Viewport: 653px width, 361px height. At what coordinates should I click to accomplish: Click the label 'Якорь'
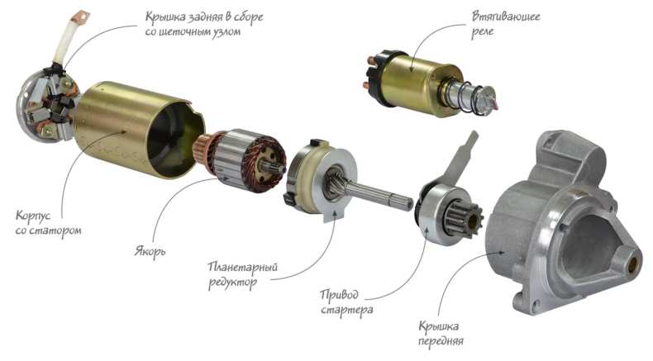click(x=150, y=251)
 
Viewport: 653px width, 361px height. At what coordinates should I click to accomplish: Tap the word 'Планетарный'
click(x=243, y=267)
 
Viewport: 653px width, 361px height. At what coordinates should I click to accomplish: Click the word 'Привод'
click(x=339, y=295)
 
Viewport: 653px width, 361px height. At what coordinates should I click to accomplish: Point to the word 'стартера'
click(x=347, y=311)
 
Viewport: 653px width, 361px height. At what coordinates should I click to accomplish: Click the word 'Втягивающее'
click(x=506, y=17)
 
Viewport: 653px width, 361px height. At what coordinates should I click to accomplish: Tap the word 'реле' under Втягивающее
click(x=482, y=32)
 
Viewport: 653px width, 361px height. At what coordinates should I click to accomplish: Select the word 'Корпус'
click(x=33, y=216)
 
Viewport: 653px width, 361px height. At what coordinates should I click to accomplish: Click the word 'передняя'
click(x=441, y=341)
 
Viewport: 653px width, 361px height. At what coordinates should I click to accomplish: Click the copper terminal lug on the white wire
click(x=80, y=17)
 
